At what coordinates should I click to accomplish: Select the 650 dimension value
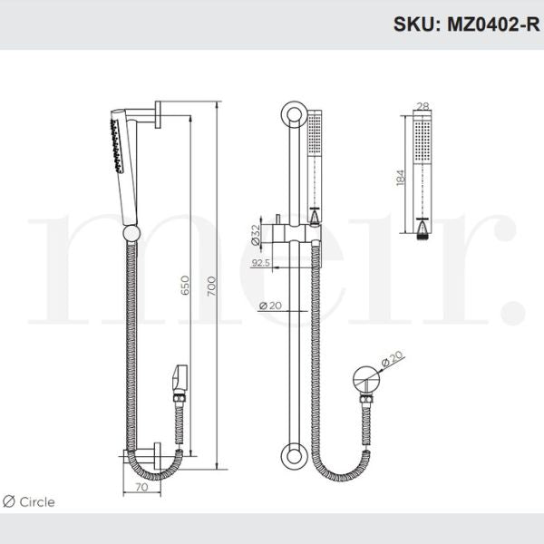184,288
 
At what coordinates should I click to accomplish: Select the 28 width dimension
423,107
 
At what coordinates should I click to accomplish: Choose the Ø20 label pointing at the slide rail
269,306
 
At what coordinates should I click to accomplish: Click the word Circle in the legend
37,501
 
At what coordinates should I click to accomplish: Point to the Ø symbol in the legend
8,501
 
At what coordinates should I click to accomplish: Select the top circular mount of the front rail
292,115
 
